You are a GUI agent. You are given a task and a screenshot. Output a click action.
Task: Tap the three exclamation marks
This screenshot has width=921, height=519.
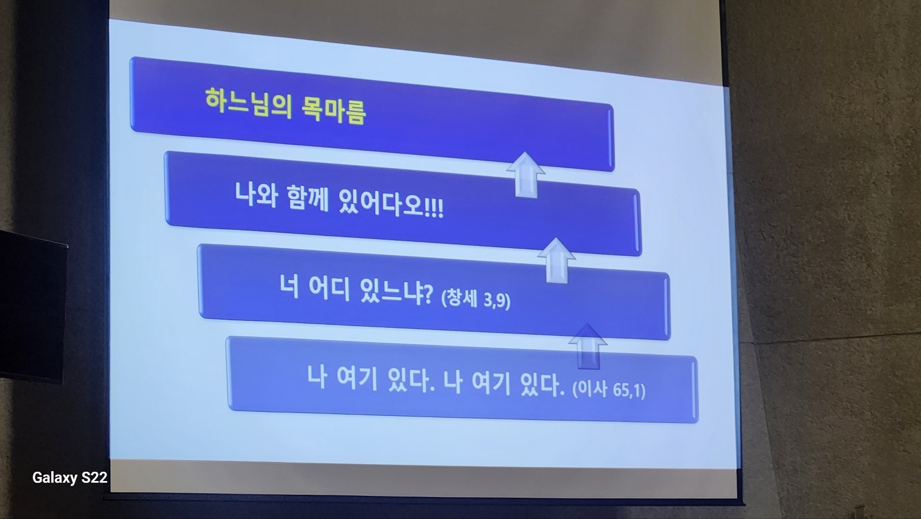point(434,209)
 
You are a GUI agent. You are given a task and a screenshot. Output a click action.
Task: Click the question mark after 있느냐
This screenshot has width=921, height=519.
point(428,294)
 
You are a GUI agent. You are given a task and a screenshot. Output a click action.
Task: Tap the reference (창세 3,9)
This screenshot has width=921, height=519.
point(475,298)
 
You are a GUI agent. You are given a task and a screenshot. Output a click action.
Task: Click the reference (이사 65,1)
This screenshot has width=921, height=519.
point(609,389)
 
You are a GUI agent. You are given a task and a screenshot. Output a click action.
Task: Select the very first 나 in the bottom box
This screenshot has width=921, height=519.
point(317,377)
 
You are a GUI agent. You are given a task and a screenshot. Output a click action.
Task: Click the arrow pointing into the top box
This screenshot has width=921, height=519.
point(526,175)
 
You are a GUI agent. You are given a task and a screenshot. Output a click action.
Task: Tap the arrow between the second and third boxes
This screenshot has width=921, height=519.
point(557,260)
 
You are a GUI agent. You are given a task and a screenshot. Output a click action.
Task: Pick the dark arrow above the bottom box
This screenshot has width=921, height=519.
point(588,347)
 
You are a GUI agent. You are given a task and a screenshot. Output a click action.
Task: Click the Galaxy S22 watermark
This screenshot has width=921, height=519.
point(70,478)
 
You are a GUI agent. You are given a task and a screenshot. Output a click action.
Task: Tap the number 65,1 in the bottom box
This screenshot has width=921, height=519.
point(627,389)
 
